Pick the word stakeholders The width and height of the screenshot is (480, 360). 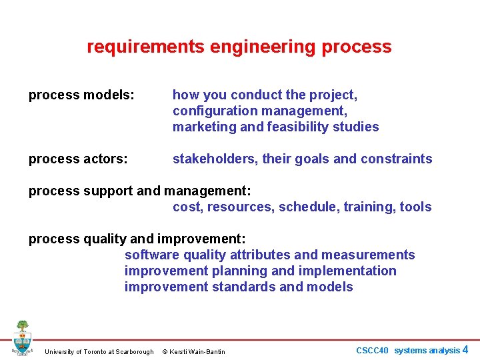(215, 159)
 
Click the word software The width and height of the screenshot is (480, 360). (151, 255)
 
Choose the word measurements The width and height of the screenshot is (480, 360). (369, 255)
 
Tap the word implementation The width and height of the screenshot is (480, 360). (349, 271)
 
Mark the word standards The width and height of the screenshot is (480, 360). (243, 287)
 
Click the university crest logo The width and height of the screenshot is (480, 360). (23, 339)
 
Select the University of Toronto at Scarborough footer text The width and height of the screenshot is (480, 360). (99, 352)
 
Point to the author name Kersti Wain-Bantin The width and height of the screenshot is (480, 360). (198, 352)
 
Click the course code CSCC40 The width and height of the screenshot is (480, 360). (372, 351)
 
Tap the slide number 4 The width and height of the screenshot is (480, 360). (465, 350)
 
